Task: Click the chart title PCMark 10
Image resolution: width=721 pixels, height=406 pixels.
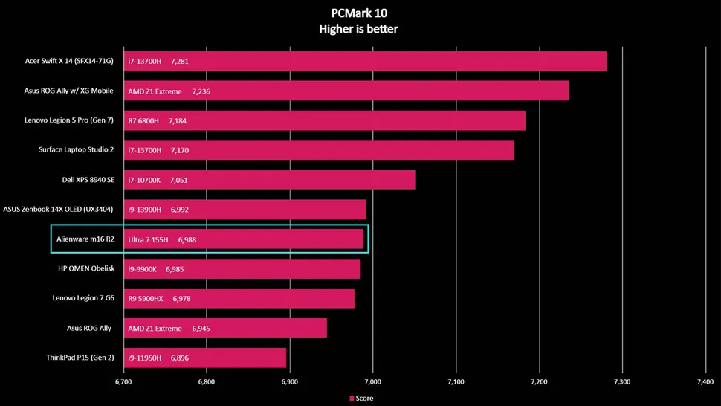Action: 360,13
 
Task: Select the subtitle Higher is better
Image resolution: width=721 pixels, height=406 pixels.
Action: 360,29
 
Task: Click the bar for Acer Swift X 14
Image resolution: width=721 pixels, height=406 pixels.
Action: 364,61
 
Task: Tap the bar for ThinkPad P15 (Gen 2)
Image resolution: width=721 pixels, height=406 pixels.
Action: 204,358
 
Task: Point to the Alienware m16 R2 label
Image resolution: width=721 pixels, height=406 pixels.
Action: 85,239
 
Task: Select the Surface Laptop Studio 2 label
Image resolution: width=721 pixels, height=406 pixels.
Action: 76,150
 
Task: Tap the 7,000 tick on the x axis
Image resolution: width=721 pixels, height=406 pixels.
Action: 373,381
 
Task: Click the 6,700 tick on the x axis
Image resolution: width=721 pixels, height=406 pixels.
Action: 123,381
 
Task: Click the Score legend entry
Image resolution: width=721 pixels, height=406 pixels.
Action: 360,399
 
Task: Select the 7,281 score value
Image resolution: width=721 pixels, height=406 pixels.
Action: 179,61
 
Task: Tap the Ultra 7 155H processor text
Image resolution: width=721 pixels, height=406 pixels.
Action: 149,239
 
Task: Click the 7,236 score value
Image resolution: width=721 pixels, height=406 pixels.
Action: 201,91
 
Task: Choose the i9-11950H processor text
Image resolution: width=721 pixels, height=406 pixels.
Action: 145,358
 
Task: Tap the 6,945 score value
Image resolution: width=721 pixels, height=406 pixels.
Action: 201,328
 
